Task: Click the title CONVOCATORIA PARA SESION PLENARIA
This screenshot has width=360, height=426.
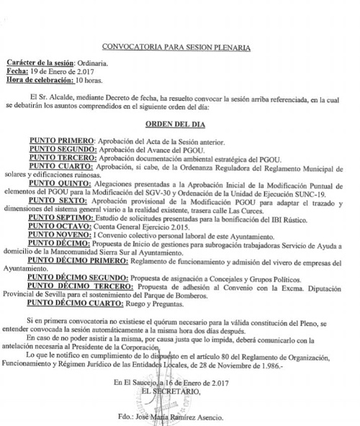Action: pos(176,47)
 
